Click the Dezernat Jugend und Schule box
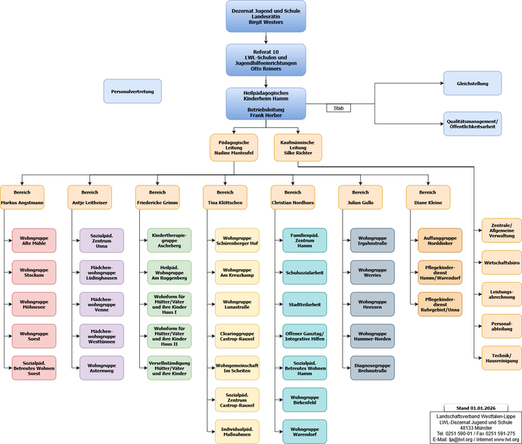click(x=266, y=16)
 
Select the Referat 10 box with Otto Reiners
click(x=266, y=60)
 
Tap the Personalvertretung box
click(x=132, y=91)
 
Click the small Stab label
click(x=338, y=108)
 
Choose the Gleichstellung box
click(x=472, y=83)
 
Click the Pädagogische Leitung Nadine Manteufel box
click(x=234, y=147)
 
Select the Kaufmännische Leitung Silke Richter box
click(x=297, y=147)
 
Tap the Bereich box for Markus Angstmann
click(x=22, y=197)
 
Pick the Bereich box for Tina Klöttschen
click(x=224, y=197)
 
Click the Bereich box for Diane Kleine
click(x=428, y=197)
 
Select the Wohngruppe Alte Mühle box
click(x=33, y=241)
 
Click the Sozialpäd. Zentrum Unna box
click(x=101, y=241)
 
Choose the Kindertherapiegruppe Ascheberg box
click(x=169, y=241)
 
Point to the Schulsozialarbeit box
click(x=305, y=272)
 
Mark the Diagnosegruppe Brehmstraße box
click(x=372, y=368)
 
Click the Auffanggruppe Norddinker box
click(x=440, y=241)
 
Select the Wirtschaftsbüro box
click(x=502, y=262)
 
